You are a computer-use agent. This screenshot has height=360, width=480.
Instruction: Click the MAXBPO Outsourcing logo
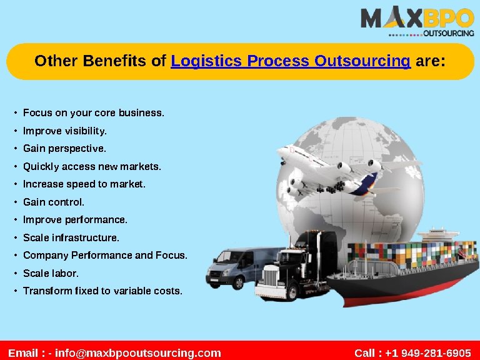417,22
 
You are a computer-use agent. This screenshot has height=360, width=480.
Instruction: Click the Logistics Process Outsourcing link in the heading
291,61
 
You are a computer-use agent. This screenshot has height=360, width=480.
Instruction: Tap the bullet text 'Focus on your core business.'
94,113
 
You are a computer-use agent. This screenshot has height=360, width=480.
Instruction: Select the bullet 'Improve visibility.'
65,131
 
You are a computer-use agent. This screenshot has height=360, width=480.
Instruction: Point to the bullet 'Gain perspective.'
64,149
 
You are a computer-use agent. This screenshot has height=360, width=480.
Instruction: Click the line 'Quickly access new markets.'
92,167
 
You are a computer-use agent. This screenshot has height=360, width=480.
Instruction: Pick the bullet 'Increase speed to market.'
84,184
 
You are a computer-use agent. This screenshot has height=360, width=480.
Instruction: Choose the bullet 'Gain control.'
54,202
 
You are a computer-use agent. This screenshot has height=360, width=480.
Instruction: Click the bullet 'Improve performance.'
75,220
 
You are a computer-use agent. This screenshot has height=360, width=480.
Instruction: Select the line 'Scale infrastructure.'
71,237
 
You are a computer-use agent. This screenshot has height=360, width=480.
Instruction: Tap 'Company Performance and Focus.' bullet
105,256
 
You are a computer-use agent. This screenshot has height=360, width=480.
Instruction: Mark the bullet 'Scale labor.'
51,273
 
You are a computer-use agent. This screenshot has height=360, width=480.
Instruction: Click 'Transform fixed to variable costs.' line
102,291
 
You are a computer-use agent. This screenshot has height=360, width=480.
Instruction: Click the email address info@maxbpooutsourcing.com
138,353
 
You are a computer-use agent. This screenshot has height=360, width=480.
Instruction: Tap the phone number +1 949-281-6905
428,353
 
